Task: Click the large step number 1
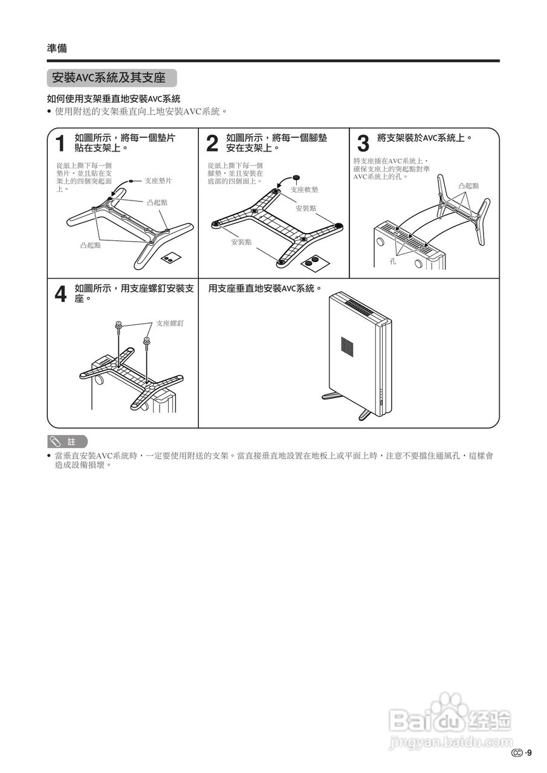click(x=60, y=144)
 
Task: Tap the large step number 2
click(x=212, y=144)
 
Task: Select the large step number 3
click(x=363, y=144)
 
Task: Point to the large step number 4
click(x=60, y=294)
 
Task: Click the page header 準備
click(x=57, y=48)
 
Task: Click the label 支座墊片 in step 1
click(x=158, y=181)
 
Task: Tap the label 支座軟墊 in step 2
click(x=304, y=190)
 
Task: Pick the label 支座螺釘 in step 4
click(x=169, y=323)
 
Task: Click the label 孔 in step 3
click(x=392, y=262)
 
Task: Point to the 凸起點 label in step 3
click(x=468, y=185)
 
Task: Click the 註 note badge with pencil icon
click(x=67, y=441)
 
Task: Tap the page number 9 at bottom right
click(x=529, y=752)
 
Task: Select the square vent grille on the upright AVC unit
click(x=346, y=345)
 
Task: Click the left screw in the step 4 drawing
click(x=119, y=328)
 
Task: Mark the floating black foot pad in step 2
click(x=296, y=178)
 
